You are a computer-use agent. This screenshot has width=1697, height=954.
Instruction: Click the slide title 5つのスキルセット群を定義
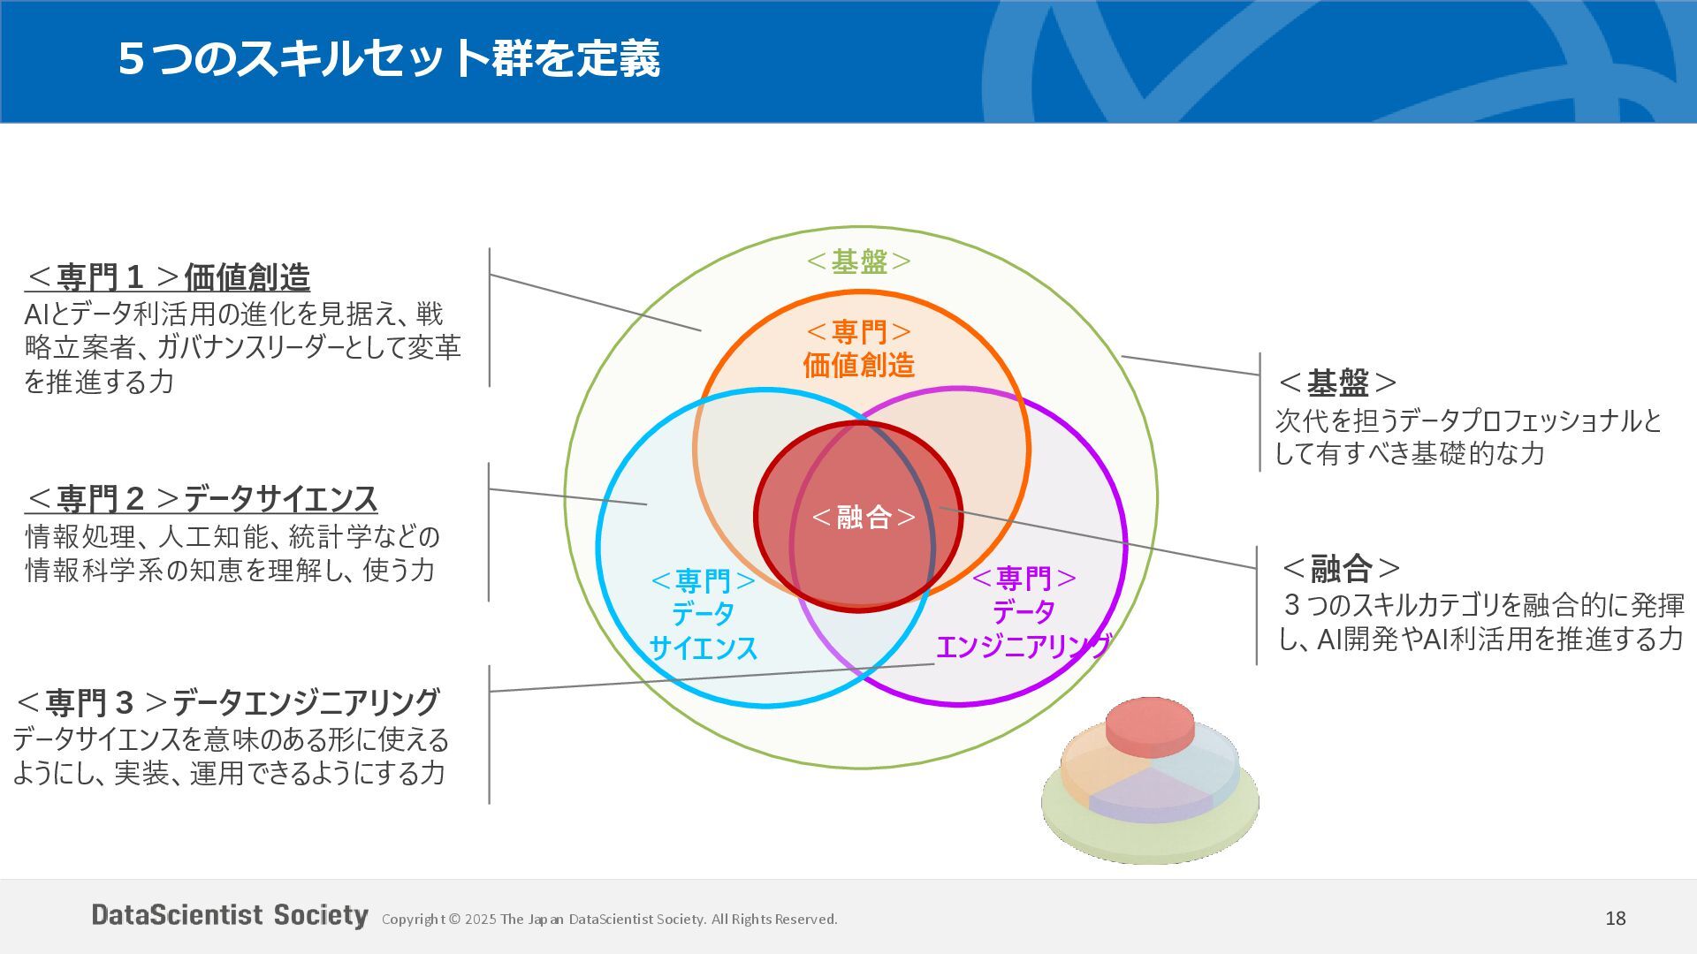389,58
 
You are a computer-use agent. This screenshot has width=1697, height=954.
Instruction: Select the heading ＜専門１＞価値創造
168,277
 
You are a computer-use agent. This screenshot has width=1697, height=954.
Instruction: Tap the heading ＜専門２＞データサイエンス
202,499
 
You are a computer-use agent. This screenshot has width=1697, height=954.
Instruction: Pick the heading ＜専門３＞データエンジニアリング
227,703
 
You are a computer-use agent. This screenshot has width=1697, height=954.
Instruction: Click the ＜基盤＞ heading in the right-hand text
1337,383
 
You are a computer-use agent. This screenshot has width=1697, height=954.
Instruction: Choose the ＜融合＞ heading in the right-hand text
1341,568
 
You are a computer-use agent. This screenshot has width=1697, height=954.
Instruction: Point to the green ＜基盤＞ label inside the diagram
859,261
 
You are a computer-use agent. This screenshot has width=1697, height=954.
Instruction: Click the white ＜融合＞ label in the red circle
864,517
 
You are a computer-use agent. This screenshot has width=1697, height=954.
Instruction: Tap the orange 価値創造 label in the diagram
858,365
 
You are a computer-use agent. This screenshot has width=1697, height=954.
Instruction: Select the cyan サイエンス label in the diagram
704,648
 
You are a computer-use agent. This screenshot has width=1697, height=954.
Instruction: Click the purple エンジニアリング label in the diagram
1023,647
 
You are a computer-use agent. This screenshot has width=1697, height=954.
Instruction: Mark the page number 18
1616,919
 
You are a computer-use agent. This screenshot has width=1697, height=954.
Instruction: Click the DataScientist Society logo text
230,915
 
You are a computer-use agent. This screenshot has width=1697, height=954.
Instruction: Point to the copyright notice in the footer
609,920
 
